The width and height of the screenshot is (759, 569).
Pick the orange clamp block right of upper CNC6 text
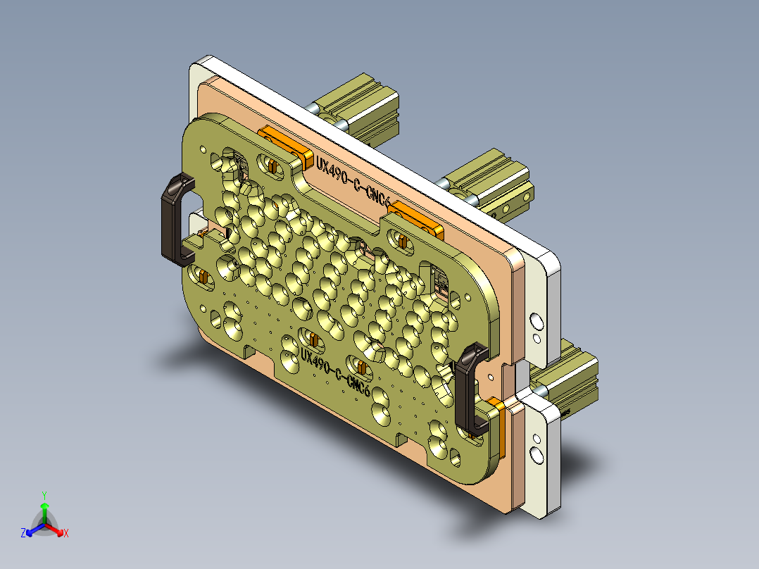418,218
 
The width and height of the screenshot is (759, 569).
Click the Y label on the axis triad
44,494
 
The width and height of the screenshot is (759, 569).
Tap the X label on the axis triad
66,534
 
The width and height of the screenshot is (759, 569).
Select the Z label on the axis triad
23,534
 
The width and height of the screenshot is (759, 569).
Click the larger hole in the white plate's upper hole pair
537,323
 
